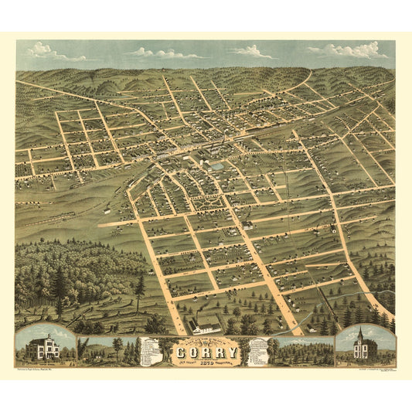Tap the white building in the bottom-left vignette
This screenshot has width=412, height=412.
(x=43, y=347)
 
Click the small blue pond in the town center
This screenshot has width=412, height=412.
(x=216, y=165)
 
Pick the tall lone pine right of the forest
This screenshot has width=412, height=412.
(x=140, y=291)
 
